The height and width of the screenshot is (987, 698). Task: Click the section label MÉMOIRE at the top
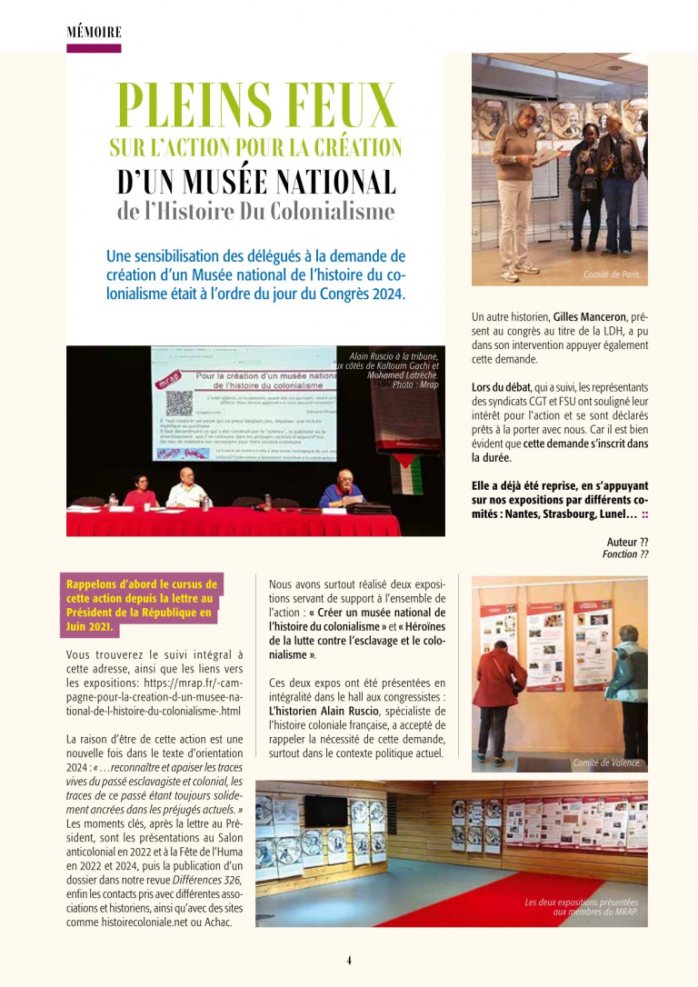94,32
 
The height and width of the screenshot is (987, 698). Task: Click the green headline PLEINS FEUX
256,109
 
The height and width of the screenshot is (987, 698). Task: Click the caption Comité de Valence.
606,763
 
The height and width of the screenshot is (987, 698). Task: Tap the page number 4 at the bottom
348,960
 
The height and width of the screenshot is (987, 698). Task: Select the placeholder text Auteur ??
627,543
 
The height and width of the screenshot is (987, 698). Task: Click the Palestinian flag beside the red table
405,473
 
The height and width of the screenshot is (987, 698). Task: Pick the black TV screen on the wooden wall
325,811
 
